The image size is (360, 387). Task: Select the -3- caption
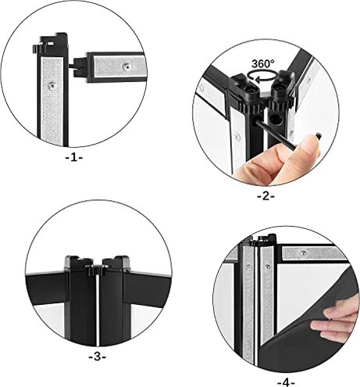(x=97, y=357)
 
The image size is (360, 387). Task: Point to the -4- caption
(x=287, y=382)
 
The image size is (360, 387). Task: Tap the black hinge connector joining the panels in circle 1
(x=76, y=64)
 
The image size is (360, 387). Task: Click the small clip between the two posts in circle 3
(x=97, y=270)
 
